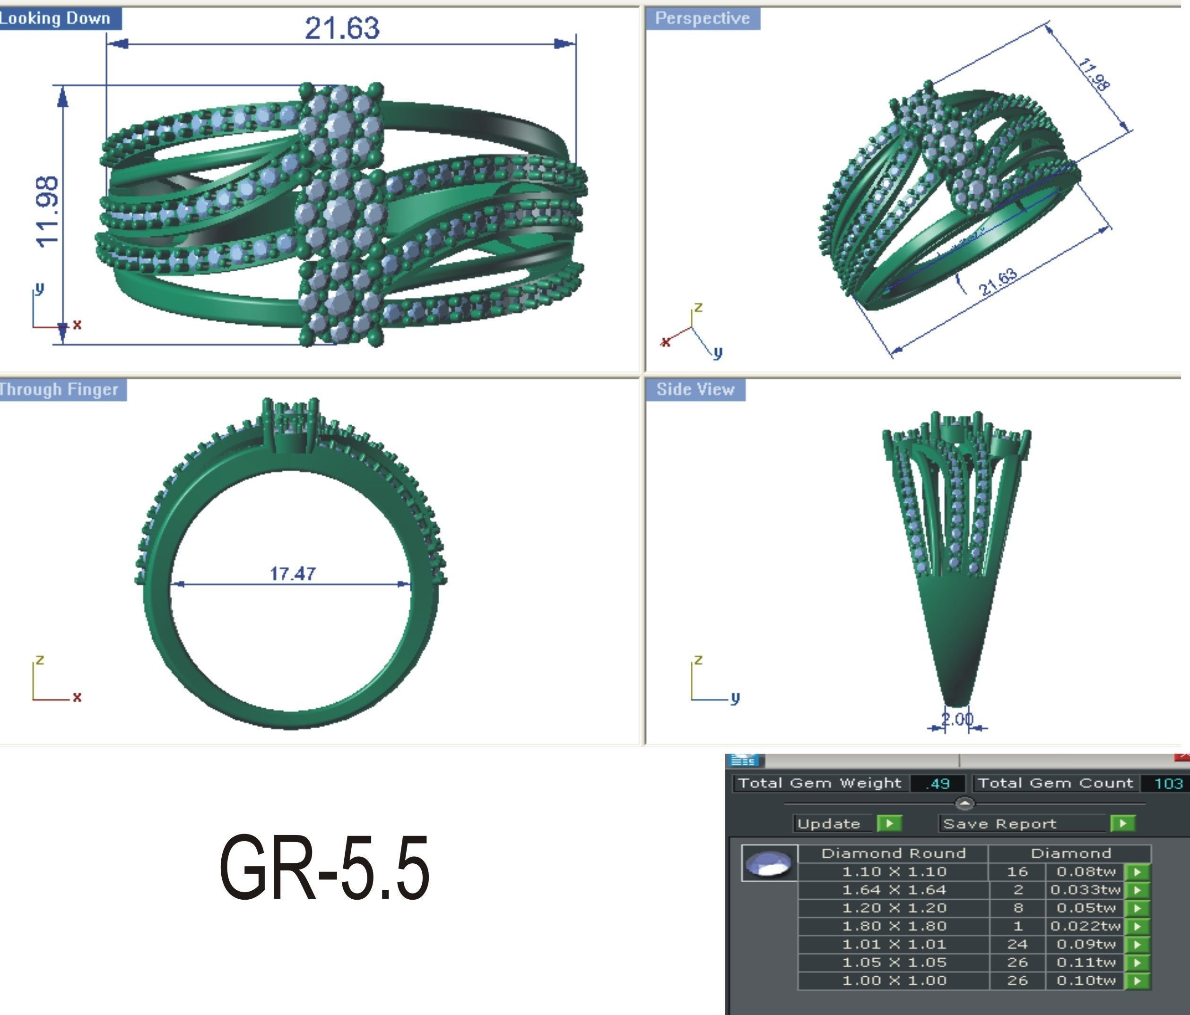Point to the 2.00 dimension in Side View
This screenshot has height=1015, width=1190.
coord(957,719)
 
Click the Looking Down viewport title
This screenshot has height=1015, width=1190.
coord(56,18)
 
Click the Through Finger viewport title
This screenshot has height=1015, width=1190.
coord(59,389)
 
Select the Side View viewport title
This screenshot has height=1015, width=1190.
coord(695,389)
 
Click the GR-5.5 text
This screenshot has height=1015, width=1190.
coord(324,868)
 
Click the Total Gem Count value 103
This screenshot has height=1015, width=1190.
coord(1168,783)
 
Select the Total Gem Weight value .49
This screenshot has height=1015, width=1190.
coord(938,783)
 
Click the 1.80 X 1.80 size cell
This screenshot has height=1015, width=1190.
coord(894,926)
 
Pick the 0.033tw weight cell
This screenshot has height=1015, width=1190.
coord(1085,890)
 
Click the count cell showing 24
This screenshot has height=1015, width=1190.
coord(1016,945)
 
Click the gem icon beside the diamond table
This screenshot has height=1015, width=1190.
coord(769,863)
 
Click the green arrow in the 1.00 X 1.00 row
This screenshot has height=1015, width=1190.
coord(1137,981)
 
